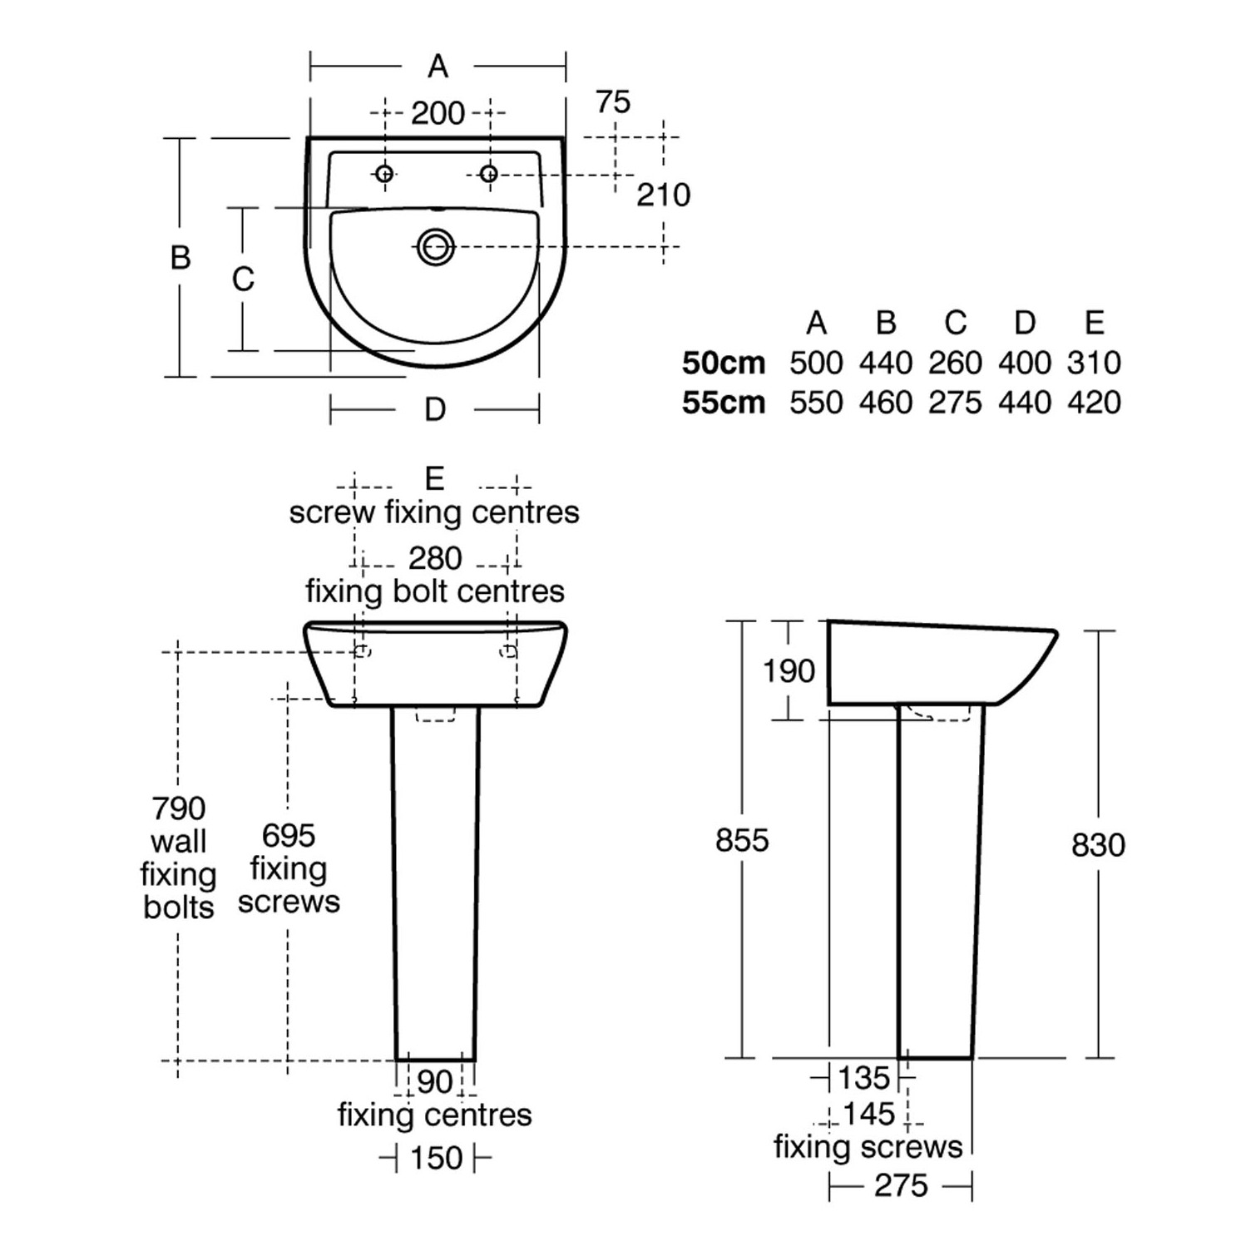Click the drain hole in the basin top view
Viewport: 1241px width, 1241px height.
435,246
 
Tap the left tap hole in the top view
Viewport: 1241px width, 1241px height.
383,174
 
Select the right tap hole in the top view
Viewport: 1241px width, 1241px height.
489,174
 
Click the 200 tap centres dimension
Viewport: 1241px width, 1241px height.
438,113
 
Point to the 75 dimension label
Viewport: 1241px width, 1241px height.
613,102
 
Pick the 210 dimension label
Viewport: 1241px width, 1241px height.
664,195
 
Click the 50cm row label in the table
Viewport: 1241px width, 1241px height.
724,363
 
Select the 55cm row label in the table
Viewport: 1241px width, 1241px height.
724,403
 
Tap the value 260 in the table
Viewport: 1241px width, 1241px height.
956,363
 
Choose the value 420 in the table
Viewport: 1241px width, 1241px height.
1095,403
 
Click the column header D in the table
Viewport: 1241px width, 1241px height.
1025,323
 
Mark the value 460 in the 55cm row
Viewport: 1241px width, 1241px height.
886,403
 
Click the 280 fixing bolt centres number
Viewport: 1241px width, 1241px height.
435,558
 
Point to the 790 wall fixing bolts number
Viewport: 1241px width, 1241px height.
179,808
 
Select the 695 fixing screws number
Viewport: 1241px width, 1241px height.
289,835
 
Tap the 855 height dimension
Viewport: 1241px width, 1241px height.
742,841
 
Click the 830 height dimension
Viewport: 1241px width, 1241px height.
1098,845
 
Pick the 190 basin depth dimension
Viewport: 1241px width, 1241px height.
789,671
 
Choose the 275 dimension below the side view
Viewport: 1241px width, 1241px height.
901,1185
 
